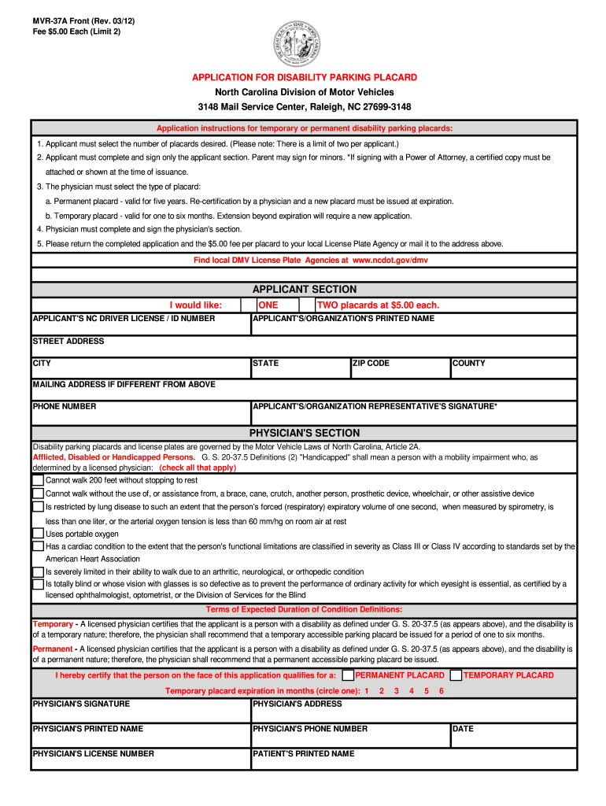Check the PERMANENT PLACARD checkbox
pos(348,675)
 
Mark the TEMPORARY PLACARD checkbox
pos(456,675)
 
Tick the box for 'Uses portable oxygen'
pos(38,534)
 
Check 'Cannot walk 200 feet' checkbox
pos(38,479)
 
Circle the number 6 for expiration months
pos(442,691)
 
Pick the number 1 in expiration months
pos(366,691)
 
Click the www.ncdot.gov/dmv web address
pos(390,260)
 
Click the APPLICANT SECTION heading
pos(304,289)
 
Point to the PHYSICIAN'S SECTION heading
pos(304,433)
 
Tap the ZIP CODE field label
pos(371,364)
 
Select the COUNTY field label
pos(469,364)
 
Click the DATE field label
pos(464,729)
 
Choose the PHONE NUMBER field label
pos(65,407)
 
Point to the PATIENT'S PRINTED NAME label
pos(303,754)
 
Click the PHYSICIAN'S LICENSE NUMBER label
pos(93,754)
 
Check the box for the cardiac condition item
pos(38,545)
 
